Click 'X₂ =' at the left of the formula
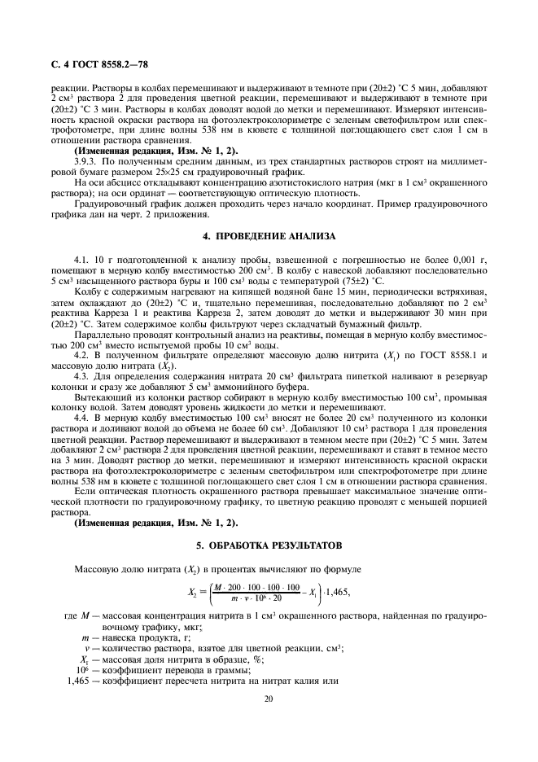(x=196, y=593)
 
